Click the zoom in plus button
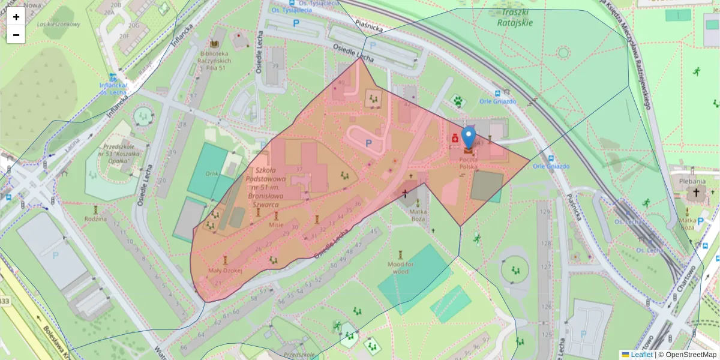point(16,16)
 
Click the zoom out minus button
point(16,35)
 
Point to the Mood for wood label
point(401,268)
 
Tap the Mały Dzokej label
point(224,271)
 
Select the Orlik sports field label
point(211,173)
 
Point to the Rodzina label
point(95,218)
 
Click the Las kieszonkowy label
point(58,24)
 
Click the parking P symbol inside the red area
point(368,143)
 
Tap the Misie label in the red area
point(276,224)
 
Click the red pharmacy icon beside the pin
point(455,139)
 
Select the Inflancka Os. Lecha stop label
point(112,88)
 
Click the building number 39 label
point(275,66)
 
